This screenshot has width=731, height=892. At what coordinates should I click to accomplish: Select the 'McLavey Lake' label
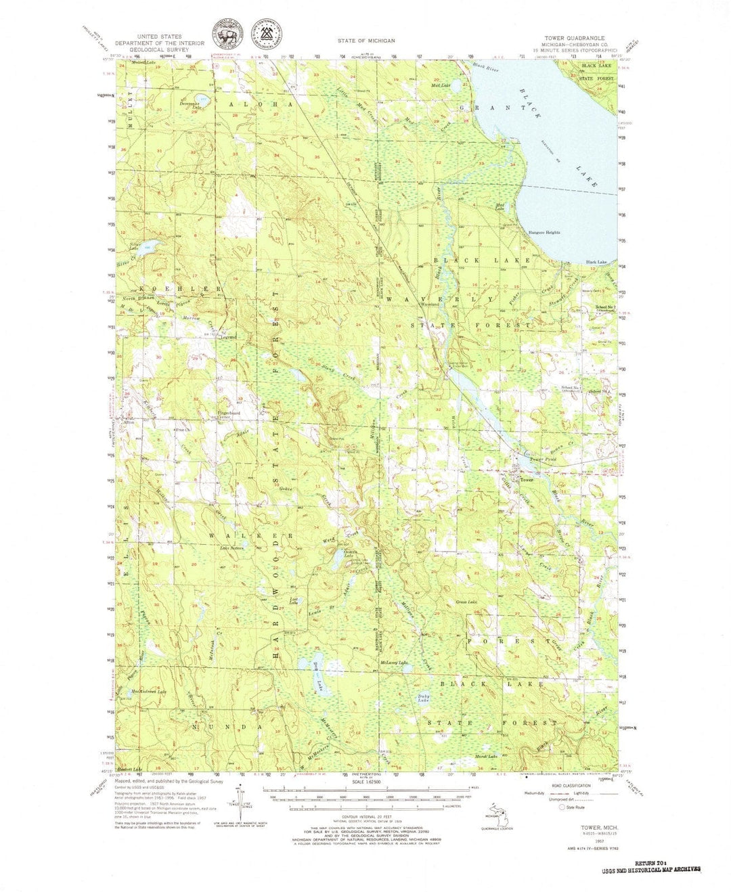point(393,663)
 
